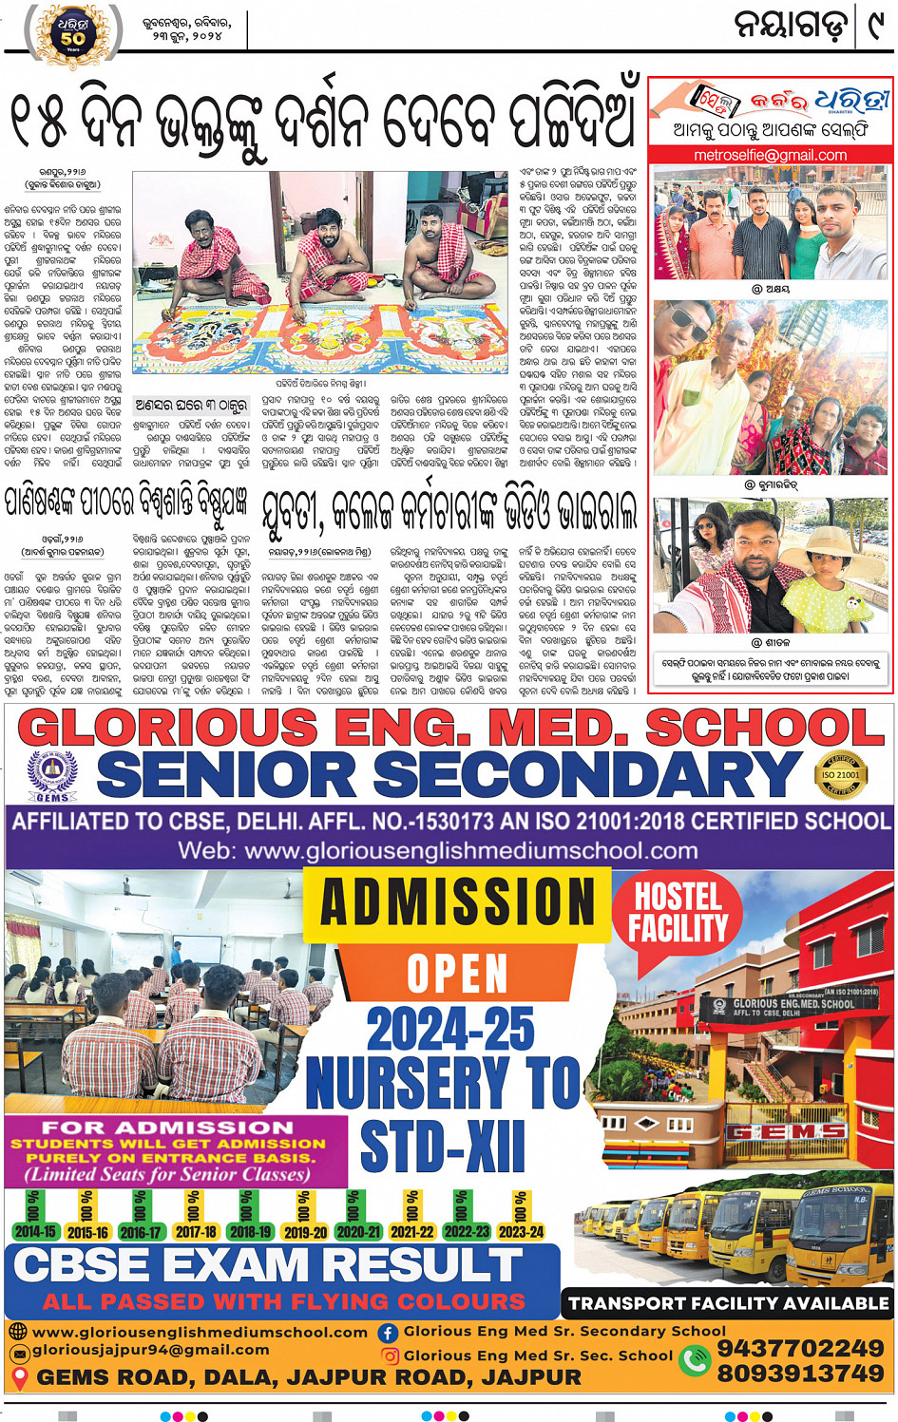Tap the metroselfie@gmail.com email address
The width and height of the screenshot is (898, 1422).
tap(771, 155)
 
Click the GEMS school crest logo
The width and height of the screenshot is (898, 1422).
tap(53, 776)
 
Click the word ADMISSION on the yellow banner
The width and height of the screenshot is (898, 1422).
tap(457, 901)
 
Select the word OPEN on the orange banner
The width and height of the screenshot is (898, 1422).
tap(457, 974)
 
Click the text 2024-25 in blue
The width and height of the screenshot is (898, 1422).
tap(450, 1030)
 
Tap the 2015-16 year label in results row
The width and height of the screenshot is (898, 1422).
tap(87, 1232)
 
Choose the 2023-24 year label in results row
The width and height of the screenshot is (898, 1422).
tap(521, 1232)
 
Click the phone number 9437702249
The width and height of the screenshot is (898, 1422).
tap(800, 1348)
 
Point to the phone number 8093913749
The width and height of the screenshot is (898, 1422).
tap(800, 1374)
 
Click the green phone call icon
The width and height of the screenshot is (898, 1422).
tap(695, 1360)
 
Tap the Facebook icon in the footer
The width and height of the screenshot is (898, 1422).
tap(388, 1333)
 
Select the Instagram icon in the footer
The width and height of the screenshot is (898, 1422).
tap(390, 1356)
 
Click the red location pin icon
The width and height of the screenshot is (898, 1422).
tap(19, 1376)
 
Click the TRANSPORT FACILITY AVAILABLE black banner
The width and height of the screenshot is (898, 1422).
tap(728, 1303)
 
